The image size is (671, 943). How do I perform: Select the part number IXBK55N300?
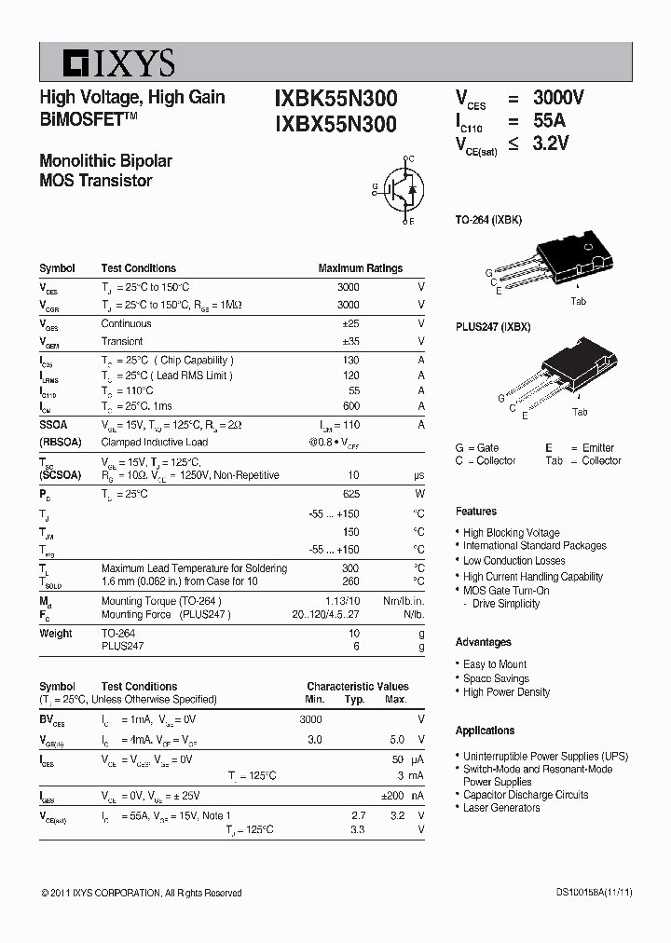point(335,99)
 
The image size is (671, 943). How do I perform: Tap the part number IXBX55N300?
point(335,124)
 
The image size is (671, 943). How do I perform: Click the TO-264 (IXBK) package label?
point(488,220)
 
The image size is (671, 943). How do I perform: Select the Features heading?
point(476,512)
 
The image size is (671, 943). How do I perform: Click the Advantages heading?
point(484,642)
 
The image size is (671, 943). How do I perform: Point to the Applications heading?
point(486,731)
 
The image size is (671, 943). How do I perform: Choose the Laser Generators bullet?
point(501,808)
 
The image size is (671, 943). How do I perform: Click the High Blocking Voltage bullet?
point(512,533)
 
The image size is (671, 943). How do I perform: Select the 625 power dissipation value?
point(350,495)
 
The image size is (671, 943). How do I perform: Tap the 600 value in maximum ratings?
point(350,406)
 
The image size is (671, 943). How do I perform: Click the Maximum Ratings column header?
point(361,268)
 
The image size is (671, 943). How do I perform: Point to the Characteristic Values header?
point(358,687)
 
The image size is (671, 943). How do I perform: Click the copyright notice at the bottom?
point(142,894)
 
